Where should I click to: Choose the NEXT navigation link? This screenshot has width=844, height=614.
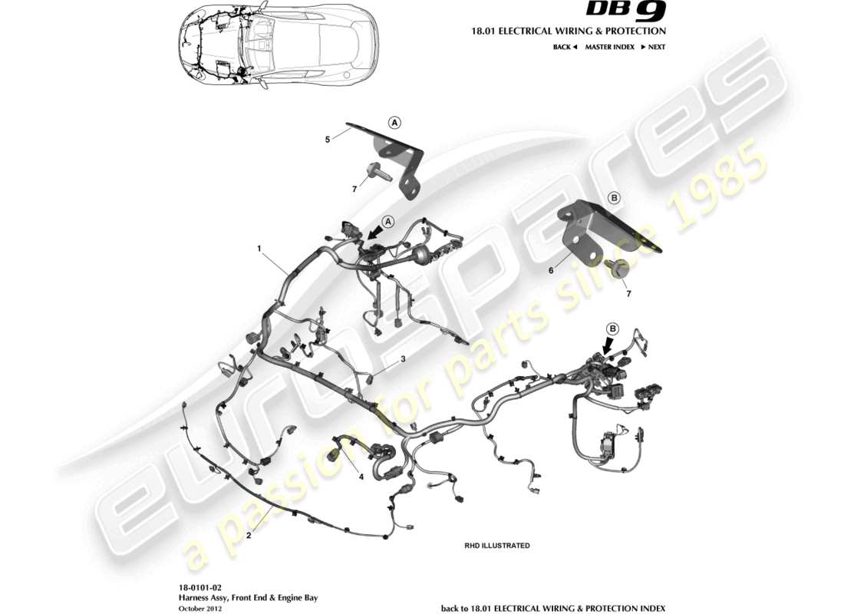(652, 47)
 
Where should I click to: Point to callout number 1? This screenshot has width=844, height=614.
(259, 249)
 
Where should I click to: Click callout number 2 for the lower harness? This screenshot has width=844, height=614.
(249, 536)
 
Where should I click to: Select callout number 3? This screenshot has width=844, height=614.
(402, 358)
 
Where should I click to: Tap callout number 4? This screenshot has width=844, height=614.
(361, 477)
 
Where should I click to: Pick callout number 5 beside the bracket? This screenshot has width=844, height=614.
(328, 139)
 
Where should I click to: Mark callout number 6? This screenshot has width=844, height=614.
(549, 270)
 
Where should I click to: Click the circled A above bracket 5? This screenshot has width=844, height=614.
(394, 122)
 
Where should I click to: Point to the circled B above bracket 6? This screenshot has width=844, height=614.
(613, 197)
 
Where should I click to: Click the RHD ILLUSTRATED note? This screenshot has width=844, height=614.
(496, 546)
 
